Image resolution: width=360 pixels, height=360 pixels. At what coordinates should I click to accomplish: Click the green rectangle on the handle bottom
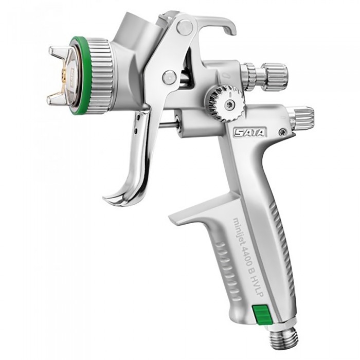261,313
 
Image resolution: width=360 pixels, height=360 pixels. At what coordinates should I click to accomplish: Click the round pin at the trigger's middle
169,77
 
